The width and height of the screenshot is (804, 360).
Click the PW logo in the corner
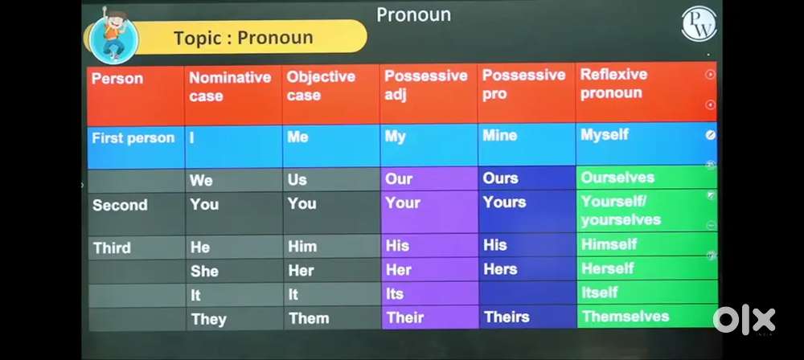click(x=699, y=24)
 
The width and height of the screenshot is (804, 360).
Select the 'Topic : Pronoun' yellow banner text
click(x=243, y=38)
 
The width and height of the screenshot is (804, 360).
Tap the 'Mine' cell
click(x=527, y=145)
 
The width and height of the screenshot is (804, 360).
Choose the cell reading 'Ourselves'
click(x=647, y=178)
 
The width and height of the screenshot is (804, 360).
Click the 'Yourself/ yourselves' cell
click(x=647, y=211)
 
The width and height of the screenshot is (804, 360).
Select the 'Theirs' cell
click(x=528, y=317)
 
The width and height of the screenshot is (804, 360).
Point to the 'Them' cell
click(x=332, y=318)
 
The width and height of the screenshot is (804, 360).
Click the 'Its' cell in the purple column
click(x=429, y=294)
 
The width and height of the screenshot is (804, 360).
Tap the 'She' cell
click(x=234, y=272)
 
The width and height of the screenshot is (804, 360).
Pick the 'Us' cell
click(x=331, y=180)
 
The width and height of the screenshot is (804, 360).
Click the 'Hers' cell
click(x=527, y=269)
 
